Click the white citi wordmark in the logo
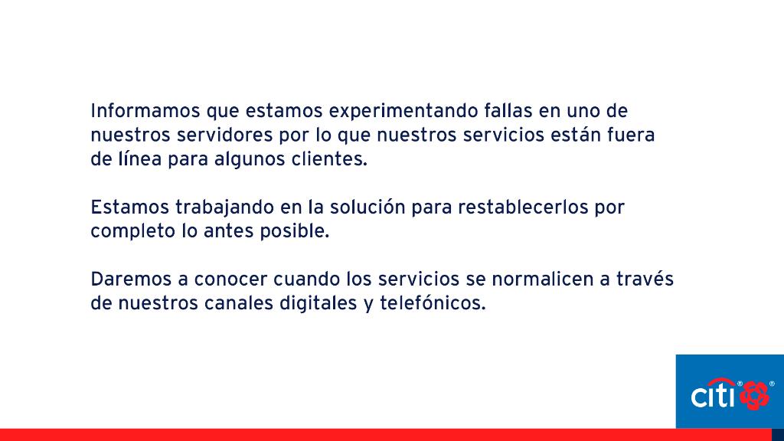tap(714, 395)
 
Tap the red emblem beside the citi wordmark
tap(755, 393)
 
